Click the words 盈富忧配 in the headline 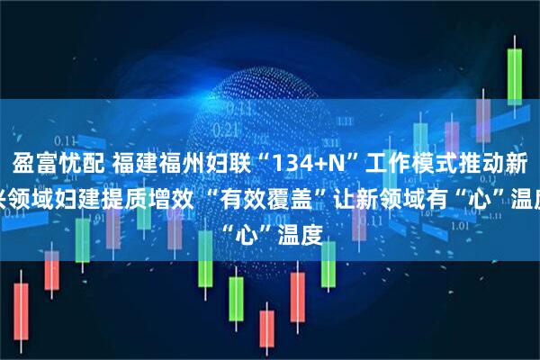(58, 165)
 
